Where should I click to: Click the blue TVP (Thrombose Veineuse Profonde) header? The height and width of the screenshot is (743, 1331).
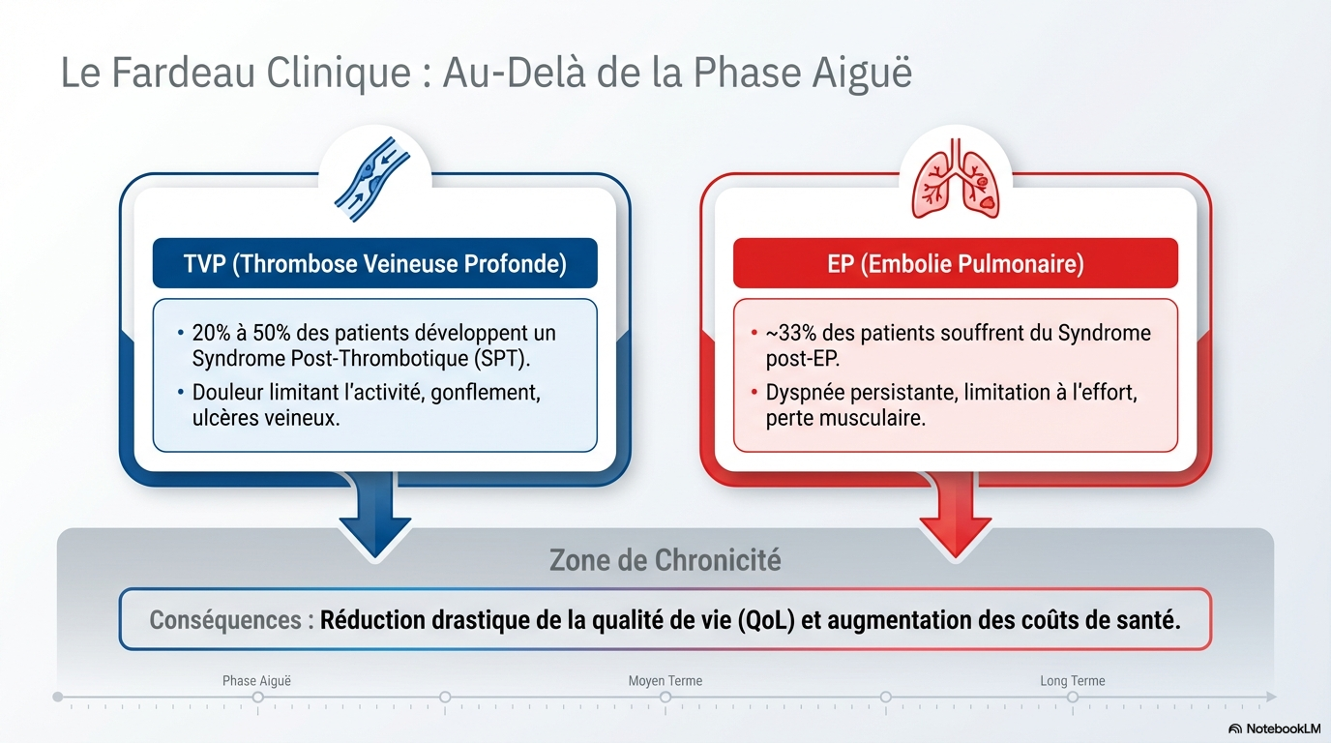tap(374, 263)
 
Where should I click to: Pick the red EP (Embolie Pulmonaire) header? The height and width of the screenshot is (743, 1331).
tap(955, 263)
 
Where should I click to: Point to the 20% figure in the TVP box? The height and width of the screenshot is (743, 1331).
tap(213, 334)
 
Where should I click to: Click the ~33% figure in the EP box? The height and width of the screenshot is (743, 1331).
tap(788, 334)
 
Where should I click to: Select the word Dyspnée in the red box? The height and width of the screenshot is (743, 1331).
tap(806, 394)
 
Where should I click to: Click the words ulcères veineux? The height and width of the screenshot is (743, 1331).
tap(266, 419)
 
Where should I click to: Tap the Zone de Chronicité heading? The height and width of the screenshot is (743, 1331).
tap(665, 560)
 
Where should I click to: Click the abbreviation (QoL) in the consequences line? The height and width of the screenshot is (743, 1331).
tap(765, 620)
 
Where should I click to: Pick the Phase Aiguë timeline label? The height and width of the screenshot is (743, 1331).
tap(256, 681)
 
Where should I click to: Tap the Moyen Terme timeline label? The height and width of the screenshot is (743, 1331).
tap(665, 681)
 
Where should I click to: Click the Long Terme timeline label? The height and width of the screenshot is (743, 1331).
tap(1072, 681)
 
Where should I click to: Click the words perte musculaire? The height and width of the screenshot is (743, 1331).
tap(845, 419)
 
